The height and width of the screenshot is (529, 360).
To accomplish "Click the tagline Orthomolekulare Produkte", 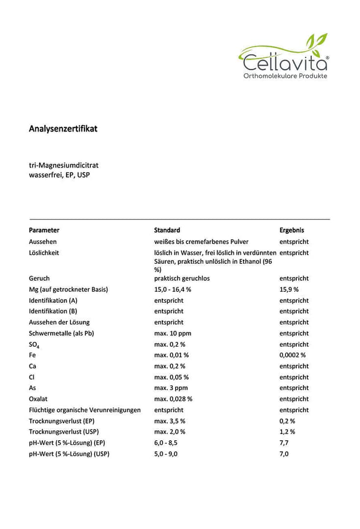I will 285,76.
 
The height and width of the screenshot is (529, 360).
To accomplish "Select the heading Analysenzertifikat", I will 63,129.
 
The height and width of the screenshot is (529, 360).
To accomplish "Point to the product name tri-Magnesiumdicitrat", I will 63,165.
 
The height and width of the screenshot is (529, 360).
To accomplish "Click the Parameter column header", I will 44,230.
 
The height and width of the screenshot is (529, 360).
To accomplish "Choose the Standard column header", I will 167,230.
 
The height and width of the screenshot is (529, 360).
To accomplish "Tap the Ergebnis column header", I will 292,230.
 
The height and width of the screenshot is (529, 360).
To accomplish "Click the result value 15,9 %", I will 289,289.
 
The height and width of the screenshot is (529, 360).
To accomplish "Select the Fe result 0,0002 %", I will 292,355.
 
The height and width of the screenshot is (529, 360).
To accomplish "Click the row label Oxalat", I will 39,399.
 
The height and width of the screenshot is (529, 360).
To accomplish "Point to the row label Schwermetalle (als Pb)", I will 61,333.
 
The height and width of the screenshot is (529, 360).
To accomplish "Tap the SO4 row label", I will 34,345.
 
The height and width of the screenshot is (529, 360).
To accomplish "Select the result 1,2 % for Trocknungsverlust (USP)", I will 287,432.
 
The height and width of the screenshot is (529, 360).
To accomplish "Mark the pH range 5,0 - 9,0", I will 166,454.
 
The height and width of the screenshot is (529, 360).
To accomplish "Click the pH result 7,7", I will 284,443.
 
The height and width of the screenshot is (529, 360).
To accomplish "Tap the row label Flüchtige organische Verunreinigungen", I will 85,410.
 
